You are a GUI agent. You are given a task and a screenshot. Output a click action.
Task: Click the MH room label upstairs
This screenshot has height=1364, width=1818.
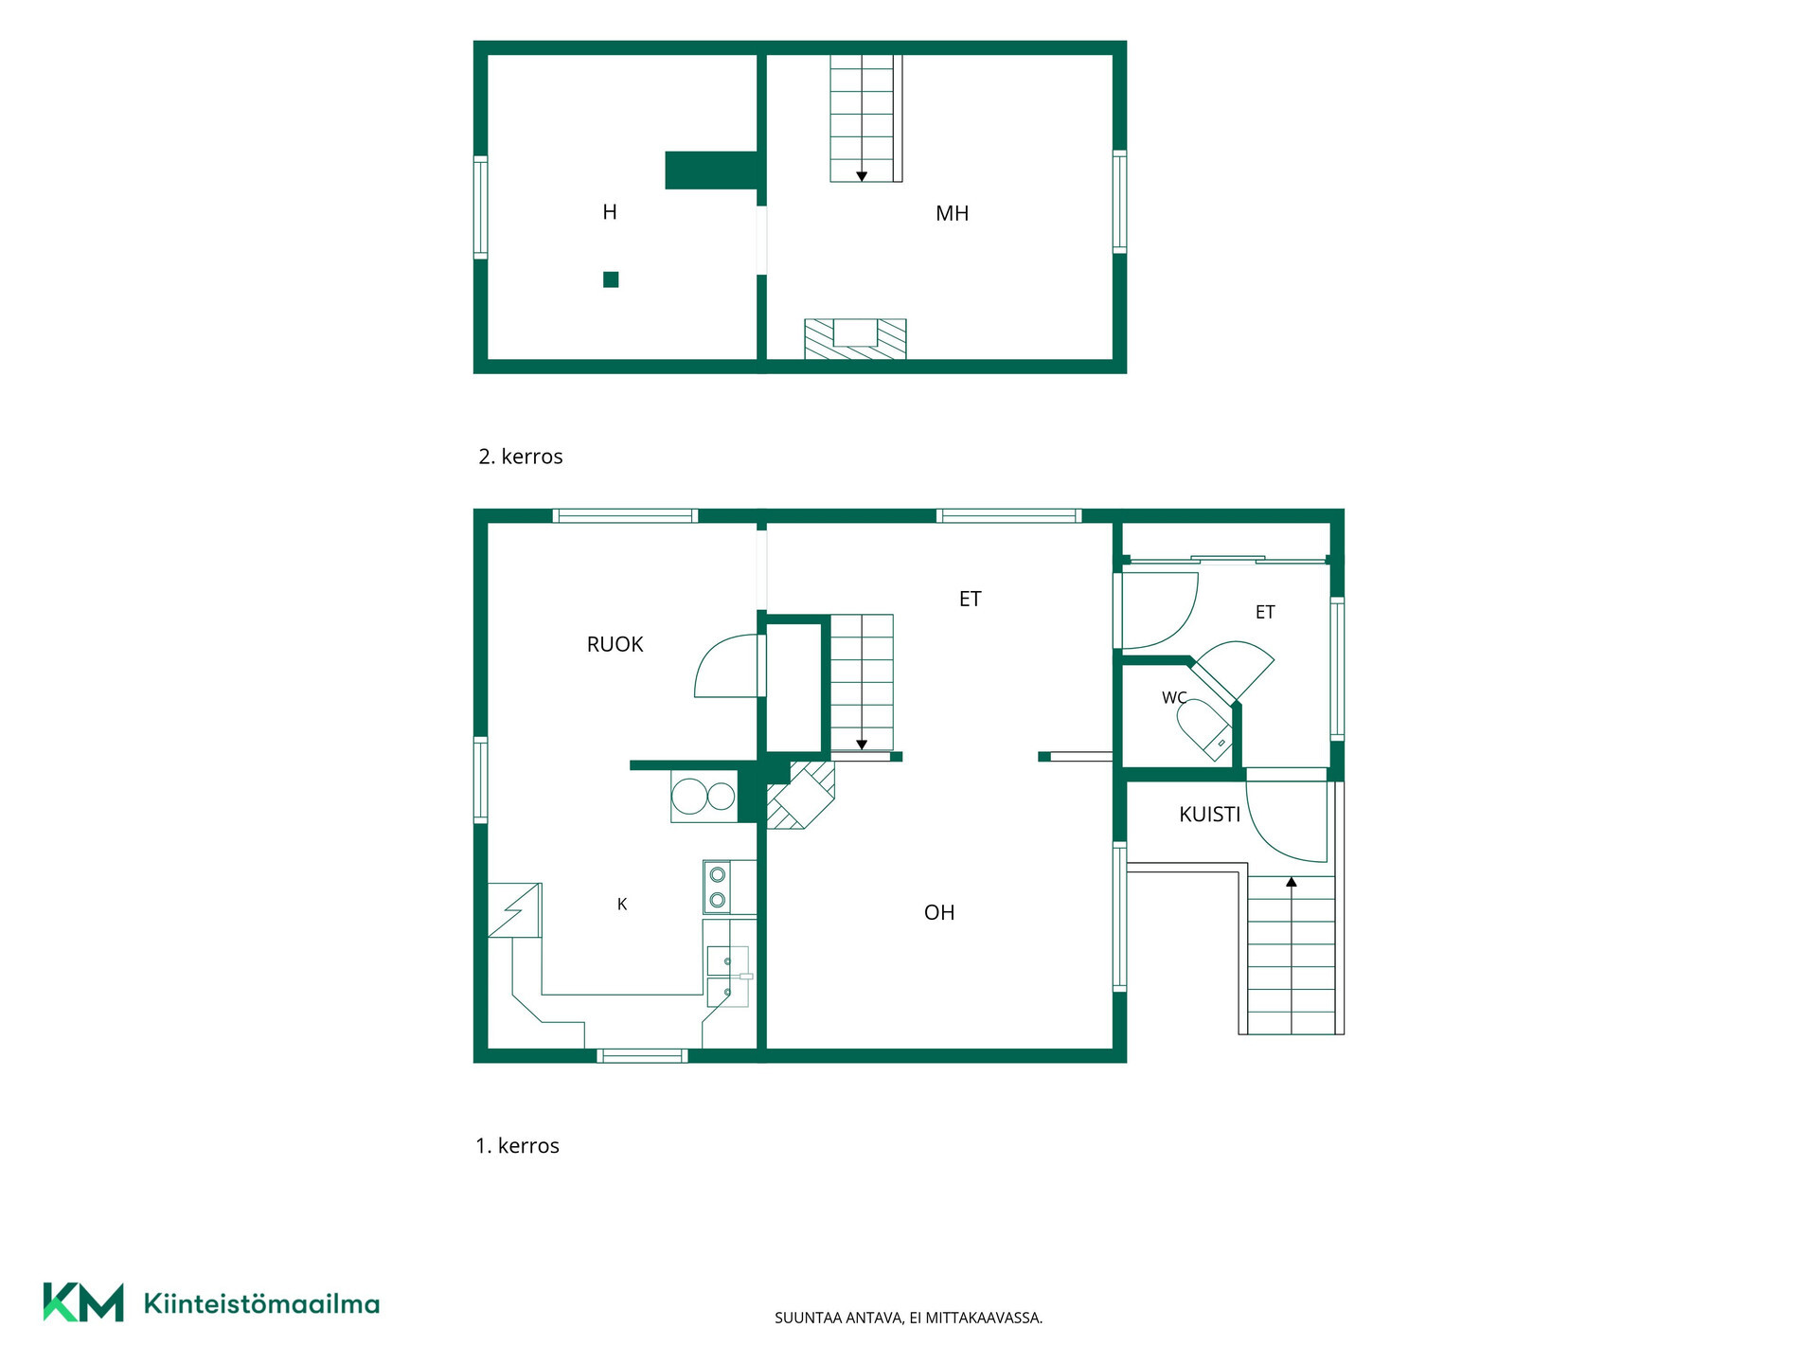952,214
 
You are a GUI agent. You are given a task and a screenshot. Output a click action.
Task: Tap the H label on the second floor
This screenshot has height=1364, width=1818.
610,212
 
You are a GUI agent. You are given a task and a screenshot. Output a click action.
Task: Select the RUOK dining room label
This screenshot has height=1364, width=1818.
615,644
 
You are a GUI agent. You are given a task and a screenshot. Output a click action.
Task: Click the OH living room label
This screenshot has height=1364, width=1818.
939,912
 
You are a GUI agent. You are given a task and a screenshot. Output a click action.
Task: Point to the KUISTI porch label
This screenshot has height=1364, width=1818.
1209,814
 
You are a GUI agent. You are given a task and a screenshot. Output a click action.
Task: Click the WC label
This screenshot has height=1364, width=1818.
1174,697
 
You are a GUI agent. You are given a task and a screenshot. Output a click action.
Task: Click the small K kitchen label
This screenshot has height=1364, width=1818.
622,905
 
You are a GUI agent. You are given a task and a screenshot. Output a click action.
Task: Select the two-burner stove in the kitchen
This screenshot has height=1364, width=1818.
718,887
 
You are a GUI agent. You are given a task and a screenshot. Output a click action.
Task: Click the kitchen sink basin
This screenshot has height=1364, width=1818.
727,976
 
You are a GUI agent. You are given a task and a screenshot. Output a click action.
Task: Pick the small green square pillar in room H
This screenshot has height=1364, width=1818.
611,279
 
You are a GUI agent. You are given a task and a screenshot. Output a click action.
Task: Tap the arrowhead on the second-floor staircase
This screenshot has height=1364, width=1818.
862,176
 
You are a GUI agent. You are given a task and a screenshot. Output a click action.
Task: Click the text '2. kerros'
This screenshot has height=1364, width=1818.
521,457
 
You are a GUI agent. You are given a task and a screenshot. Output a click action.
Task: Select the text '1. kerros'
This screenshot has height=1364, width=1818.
517,1146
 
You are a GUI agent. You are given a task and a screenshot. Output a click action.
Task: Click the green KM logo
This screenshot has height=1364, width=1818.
83,1302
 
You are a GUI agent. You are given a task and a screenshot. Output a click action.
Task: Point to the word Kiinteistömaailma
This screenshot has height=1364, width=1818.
261,1303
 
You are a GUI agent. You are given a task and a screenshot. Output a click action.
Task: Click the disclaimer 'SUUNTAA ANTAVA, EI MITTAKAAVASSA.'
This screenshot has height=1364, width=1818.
908,1318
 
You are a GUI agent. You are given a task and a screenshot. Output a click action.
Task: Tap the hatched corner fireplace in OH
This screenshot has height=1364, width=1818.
801,795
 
